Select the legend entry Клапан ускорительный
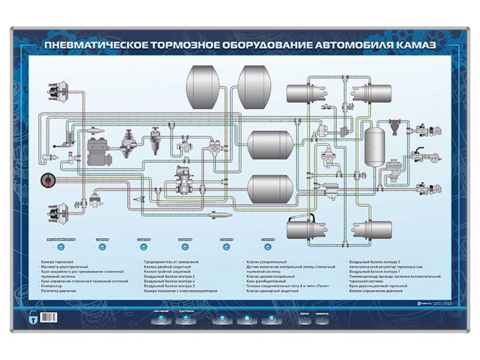[x=266, y=261]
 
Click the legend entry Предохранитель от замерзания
[x=171, y=261]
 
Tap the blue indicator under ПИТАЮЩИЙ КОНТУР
[x=61, y=247]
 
